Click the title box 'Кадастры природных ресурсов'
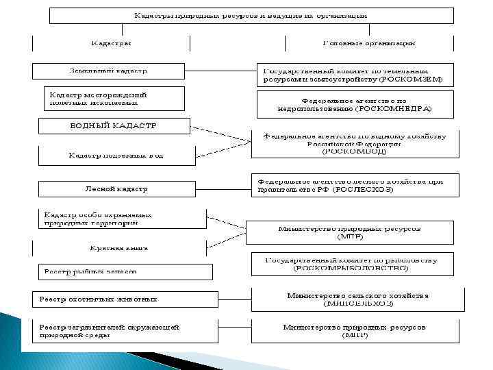[x=250, y=15]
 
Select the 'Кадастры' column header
[x=111, y=44]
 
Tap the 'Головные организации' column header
[x=368, y=44]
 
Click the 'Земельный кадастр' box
[x=108, y=71]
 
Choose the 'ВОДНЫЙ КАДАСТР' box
[x=114, y=126]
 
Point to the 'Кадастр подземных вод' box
[x=116, y=156]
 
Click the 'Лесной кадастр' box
[x=116, y=188]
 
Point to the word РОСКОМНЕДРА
[x=394, y=109]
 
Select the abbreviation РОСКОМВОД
[x=355, y=152]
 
